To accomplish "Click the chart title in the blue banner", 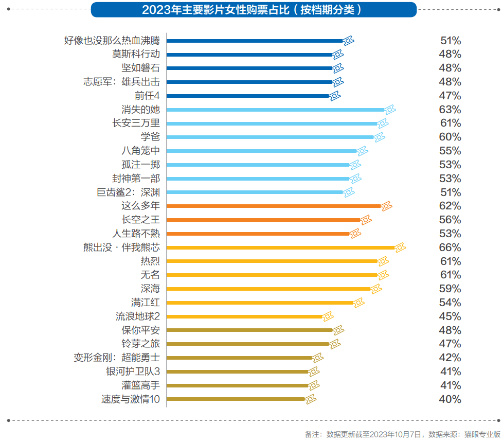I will (x=254, y=10).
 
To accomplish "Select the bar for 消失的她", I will (x=275, y=110).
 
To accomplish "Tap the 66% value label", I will (x=450, y=247).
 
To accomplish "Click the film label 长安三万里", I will (x=136, y=123).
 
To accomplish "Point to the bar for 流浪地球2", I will (x=244, y=316).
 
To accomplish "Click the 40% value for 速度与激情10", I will (x=450, y=399).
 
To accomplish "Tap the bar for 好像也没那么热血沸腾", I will (x=255, y=41).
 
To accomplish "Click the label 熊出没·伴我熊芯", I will (x=121, y=247).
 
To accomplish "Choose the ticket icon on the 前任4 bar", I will (x=335, y=96).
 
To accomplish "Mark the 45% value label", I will (x=450, y=316).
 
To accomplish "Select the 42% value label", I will (x=450, y=358).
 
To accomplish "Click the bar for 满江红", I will (x=260, y=303).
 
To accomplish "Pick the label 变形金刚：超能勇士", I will (x=117, y=358).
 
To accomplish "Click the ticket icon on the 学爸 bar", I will (x=380, y=137).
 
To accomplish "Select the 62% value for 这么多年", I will (x=450, y=206).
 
